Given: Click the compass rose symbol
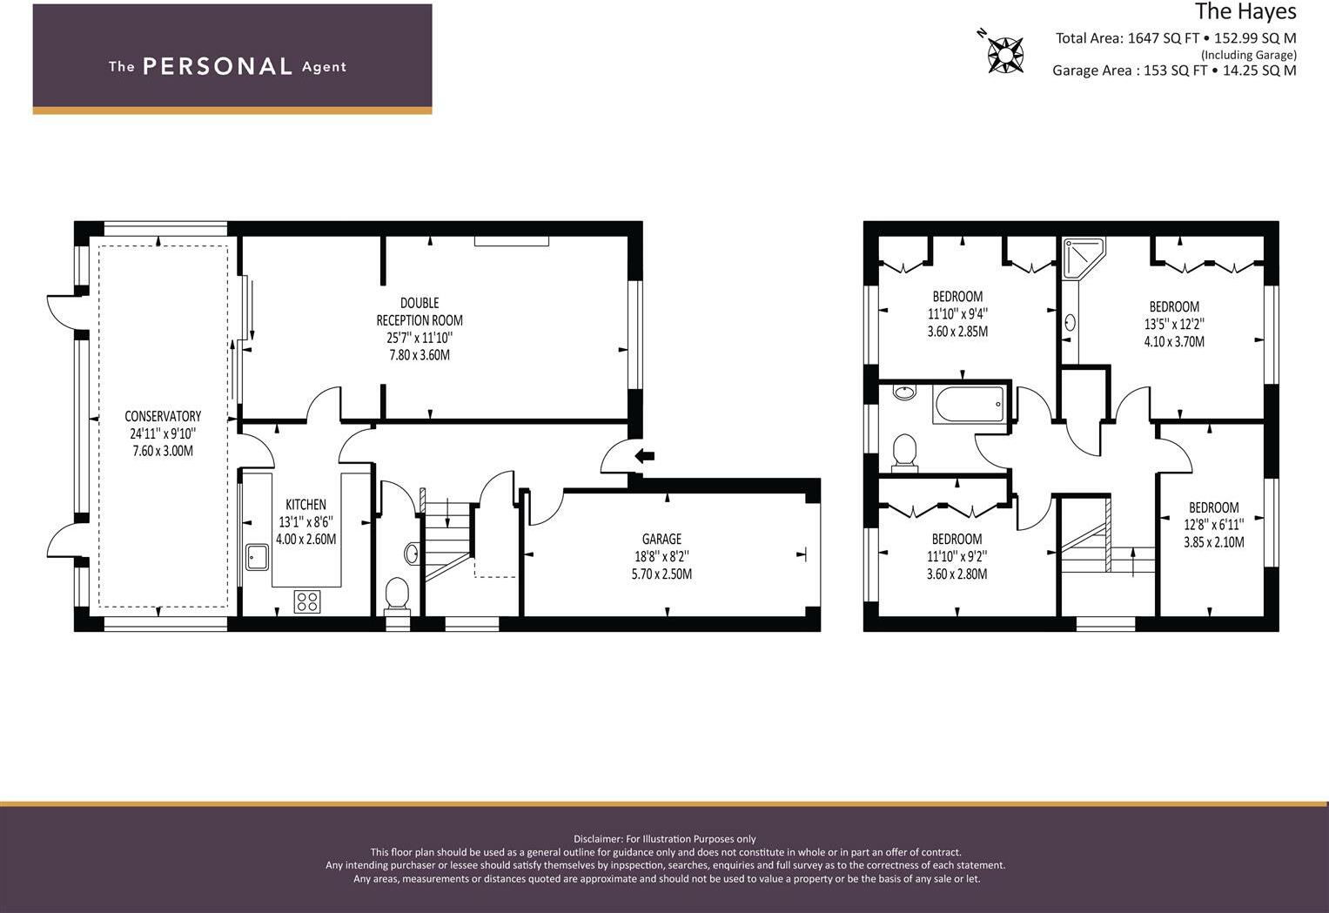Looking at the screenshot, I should pos(1005,54).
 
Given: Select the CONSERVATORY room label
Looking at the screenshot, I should pos(163,416).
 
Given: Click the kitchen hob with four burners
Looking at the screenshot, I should pos(307,601).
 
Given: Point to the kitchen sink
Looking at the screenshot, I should pos(257,556).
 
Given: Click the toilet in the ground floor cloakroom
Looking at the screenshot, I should pos(397,594).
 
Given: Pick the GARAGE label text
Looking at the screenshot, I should pos(661,539).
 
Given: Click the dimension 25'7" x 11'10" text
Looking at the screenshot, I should pos(420,338).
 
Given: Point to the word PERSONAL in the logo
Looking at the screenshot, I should pos(217,66).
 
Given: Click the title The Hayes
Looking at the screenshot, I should pos(1245,11).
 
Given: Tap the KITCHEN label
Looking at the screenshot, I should pos(305,505).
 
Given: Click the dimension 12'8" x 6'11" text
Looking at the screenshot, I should pos(1213,525).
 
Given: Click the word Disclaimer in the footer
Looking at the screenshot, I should pos(597,839).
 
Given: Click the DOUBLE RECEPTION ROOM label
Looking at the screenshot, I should pos(420,312).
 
